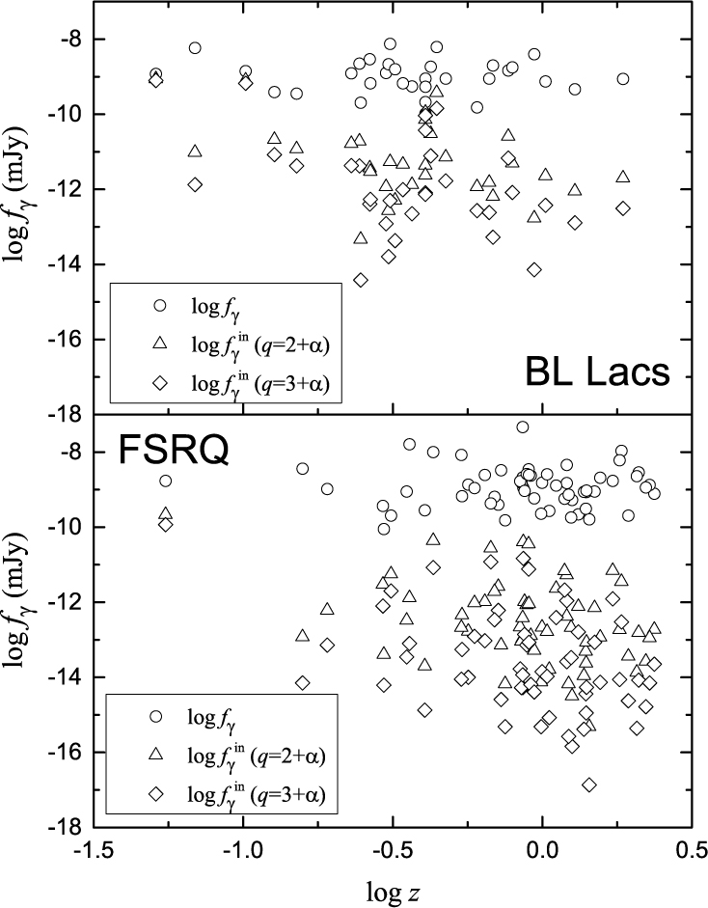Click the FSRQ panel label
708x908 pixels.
[173, 451]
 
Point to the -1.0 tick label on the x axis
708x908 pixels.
[241, 852]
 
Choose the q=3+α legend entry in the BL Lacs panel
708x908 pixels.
[261, 383]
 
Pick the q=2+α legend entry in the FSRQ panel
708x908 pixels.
[261, 757]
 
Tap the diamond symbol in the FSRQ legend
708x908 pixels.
[160, 796]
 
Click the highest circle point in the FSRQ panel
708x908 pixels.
[523, 426]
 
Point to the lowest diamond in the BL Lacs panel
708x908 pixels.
[361, 280]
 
